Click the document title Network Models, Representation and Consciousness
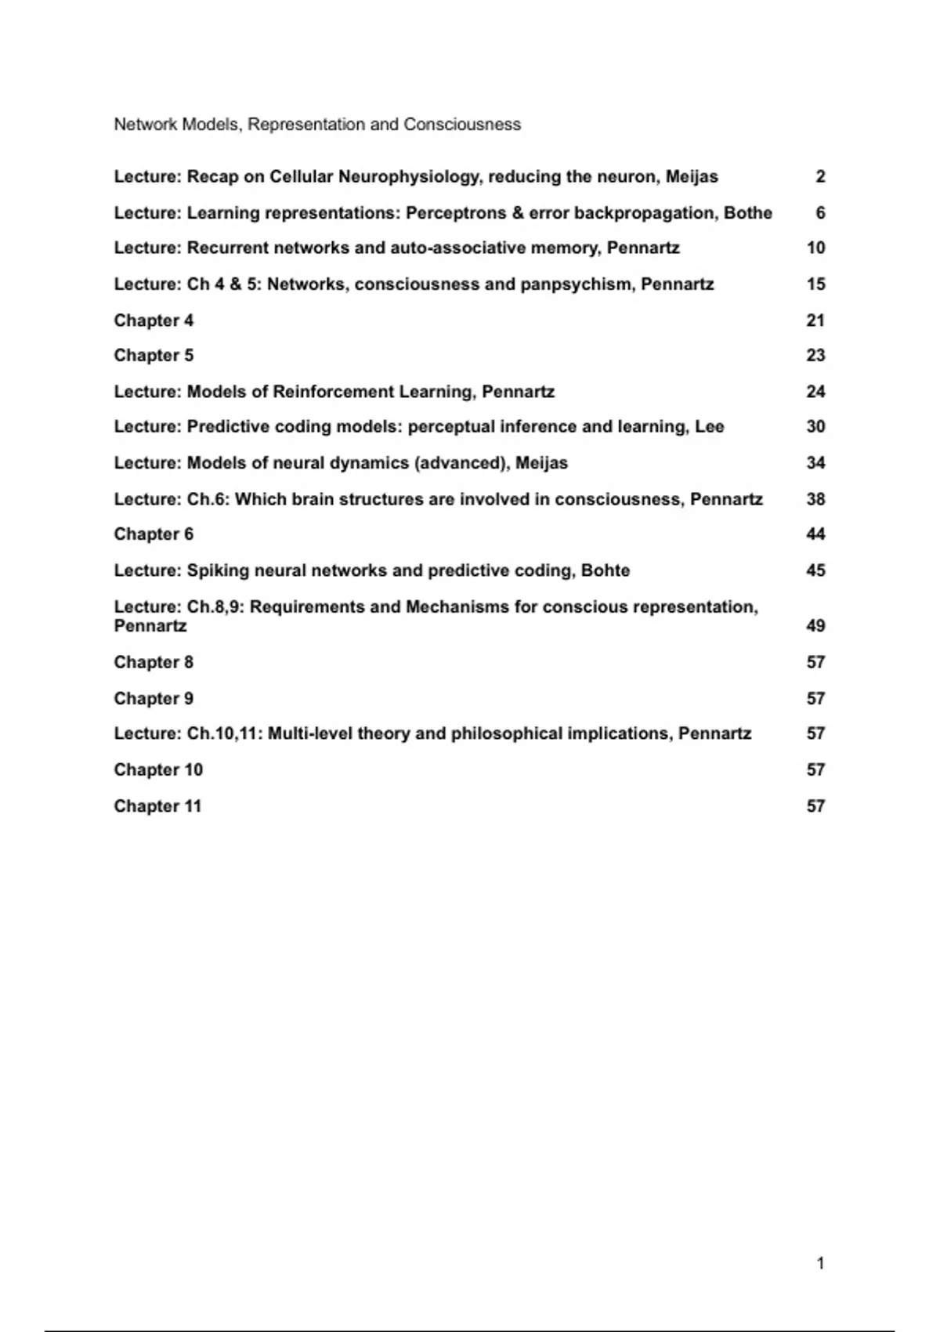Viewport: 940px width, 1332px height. [x=317, y=125]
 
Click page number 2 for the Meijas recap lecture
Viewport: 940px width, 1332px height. [x=819, y=177]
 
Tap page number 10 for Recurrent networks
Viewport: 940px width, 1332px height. [x=815, y=248]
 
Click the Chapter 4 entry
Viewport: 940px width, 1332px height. [x=154, y=320]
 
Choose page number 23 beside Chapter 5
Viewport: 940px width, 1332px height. [x=815, y=356]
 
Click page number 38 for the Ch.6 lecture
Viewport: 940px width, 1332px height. [x=815, y=499]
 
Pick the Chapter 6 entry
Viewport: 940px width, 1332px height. [x=154, y=534]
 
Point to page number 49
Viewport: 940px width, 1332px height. [x=815, y=626]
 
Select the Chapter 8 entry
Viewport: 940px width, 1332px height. [x=154, y=663]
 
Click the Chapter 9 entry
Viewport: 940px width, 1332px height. [x=154, y=699]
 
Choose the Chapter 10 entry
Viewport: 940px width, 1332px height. [x=158, y=770]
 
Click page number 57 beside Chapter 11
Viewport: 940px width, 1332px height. [x=815, y=806]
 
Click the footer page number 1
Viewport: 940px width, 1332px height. [x=820, y=1263]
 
